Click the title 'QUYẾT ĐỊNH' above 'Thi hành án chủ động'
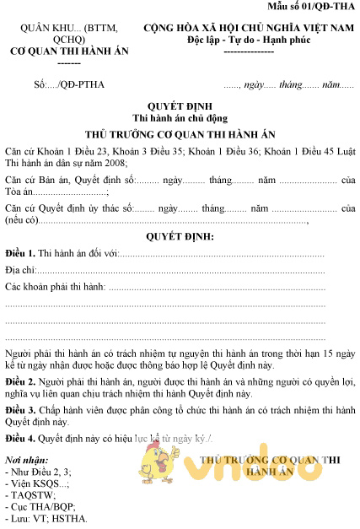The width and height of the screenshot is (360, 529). (180, 107)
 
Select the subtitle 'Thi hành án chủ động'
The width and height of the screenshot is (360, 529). (180, 119)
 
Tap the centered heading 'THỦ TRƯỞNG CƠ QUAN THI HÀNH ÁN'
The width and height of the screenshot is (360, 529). (180, 134)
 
